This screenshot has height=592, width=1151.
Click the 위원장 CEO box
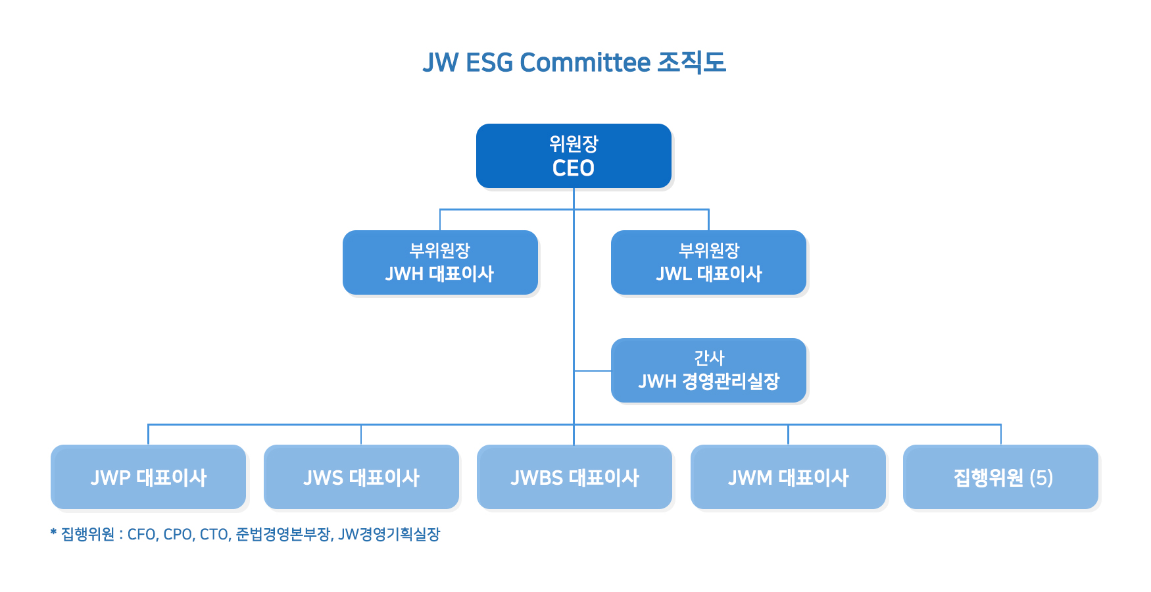click(574, 156)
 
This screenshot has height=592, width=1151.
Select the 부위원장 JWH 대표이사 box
click(440, 262)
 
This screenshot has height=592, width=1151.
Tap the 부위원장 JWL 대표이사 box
click(708, 262)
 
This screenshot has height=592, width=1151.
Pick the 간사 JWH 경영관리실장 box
click(708, 370)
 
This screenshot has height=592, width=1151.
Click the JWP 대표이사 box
click(148, 477)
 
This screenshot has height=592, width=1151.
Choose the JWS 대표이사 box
click(361, 477)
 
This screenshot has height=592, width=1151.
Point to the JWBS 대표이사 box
click(574, 477)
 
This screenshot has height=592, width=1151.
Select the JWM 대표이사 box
click(788, 477)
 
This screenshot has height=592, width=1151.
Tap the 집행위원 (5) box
click(1000, 477)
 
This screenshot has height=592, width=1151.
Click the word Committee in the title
click(585, 63)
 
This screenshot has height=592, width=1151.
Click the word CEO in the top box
click(574, 168)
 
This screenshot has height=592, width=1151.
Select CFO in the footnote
click(142, 534)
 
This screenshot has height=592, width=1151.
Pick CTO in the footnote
click(214, 534)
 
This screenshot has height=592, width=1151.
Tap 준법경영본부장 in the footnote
click(283, 534)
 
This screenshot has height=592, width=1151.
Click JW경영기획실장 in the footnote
click(389, 534)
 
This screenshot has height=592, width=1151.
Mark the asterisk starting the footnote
click(53, 532)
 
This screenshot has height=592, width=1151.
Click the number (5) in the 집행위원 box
click(1041, 478)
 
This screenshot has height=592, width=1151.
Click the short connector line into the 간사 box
click(593, 371)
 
